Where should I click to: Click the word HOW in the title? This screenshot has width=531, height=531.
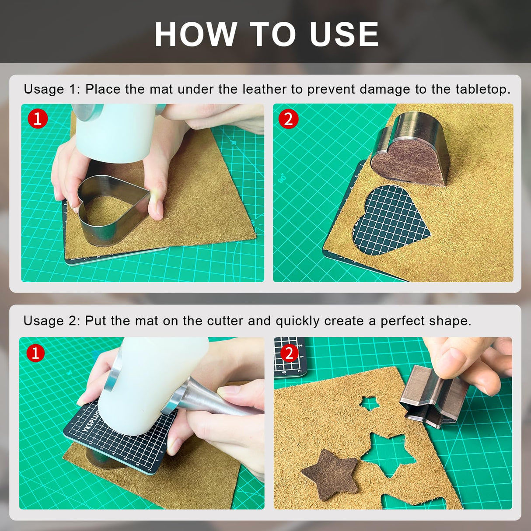click(196, 34)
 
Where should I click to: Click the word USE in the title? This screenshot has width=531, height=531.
click(344, 34)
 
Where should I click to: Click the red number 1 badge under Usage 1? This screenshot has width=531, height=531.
click(38, 119)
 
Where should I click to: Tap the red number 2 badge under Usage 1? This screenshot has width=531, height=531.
click(288, 119)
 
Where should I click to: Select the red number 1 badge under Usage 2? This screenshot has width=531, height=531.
click(35, 353)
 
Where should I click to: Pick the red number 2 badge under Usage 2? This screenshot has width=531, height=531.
click(289, 353)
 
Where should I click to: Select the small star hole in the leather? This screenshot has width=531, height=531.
click(370, 403)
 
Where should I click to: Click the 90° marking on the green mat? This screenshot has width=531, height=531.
click(282, 178)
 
